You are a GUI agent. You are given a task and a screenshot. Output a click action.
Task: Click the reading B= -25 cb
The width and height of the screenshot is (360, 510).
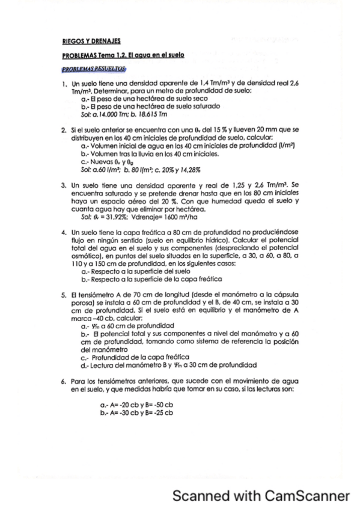tap(158, 413)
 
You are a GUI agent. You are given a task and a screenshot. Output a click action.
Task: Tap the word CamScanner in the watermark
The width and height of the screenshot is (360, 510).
tap(307, 496)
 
